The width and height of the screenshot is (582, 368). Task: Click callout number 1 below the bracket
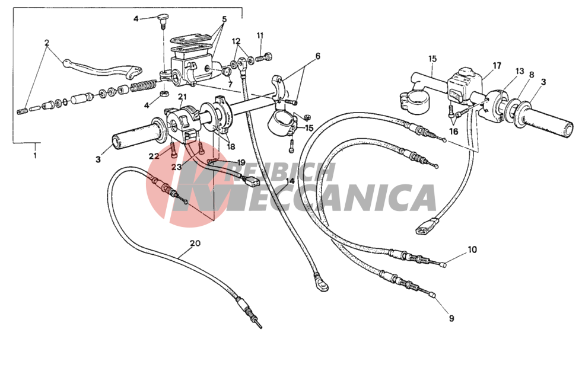(x=35, y=156)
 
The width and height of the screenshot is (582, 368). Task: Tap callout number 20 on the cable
(x=195, y=243)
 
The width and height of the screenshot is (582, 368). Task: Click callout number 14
(x=290, y=181)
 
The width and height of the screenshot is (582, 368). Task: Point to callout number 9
(x=451, y=318)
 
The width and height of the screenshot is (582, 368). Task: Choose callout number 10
(x=472, y=249)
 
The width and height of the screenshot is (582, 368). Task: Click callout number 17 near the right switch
(x=497, y=66)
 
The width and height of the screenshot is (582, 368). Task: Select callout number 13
(x=520, y=71)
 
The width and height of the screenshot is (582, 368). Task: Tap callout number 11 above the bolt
(x=260, y=36)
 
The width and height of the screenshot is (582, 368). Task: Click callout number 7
(x=230, y=85)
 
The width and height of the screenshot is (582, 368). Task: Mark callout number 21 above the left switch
(x=182, y=97)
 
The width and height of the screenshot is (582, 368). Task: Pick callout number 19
(x=241, y=162)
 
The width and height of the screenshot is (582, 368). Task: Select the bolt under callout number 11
(x=264, y=57)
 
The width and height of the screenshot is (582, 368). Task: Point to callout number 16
(x=453, y=131)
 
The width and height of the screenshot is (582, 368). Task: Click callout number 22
(x=154, y=156)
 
